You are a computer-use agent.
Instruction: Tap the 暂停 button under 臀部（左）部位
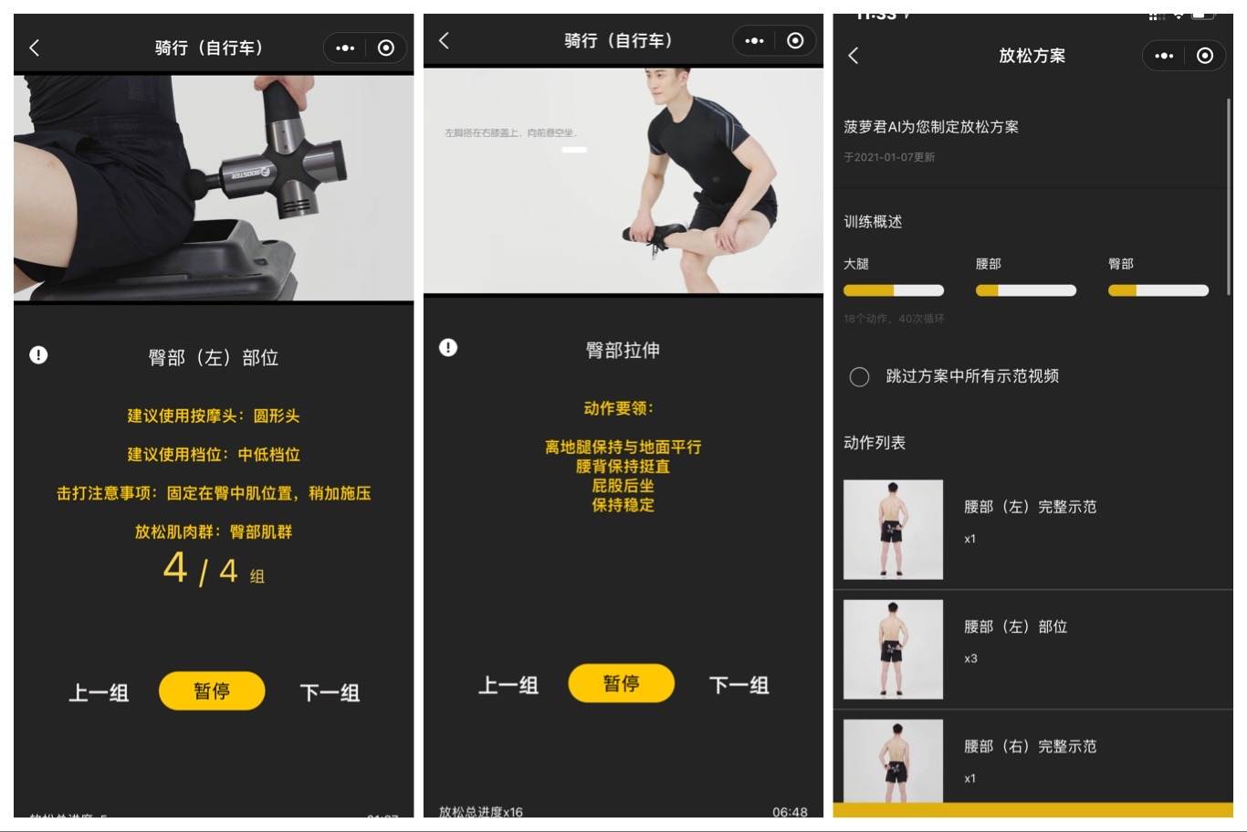click(x=212, y=691)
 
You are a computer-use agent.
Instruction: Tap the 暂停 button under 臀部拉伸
click(x=621, y=683)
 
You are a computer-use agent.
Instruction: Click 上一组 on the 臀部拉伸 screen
click(x=508, y=685)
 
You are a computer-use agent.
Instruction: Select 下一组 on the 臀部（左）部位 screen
click(x=330, y=692)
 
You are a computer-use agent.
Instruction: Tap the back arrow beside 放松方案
click(x=854, y=56)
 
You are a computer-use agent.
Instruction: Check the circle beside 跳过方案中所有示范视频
click(x=859, y=376)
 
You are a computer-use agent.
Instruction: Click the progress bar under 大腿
click(x=893, y=290)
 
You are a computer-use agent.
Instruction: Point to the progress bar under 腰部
click(x=1025, y=290)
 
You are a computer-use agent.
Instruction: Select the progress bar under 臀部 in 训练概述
click(x=1158, y=290)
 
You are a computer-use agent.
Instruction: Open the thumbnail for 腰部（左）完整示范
click(x=893, y=529)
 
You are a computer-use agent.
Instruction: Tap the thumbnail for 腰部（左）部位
click(x=893, y=649)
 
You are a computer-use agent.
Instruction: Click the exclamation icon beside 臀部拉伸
click(x=448, y=347)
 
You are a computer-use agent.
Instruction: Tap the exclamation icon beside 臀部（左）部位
click(x=38, y=354)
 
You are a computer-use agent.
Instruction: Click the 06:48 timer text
click(x=790, y=812)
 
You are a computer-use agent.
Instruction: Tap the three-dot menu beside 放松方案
click(x=1164, y=56)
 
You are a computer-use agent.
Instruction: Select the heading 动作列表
click(x=875, y=443)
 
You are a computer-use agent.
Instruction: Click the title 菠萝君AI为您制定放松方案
click(x=930, y=127)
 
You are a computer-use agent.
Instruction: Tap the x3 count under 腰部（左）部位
click(x=970, y=658)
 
